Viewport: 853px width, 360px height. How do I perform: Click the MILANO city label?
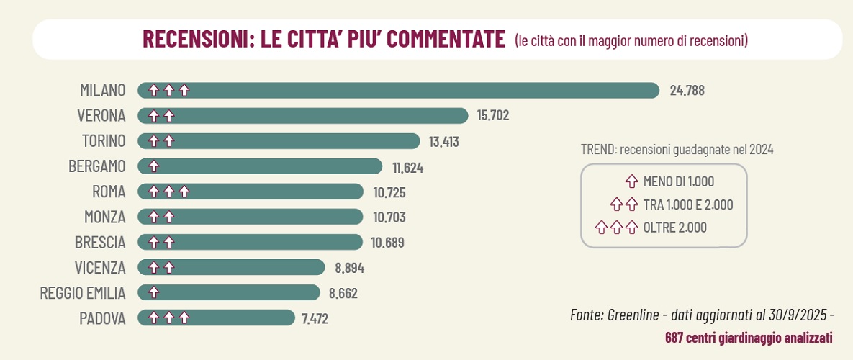(x=102, y=90)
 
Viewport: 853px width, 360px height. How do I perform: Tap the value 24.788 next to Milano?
(x=687, y=91)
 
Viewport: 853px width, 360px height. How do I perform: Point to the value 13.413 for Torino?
(x=443, y=141)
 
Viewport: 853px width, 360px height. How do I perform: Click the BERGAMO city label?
(x=96, y=166)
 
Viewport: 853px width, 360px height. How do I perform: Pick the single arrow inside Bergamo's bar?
(x=153, y=166)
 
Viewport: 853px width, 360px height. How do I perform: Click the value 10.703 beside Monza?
(x=388, y=217)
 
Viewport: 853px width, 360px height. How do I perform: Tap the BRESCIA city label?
(x=100, y=242)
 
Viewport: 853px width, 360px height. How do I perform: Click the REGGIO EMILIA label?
(x=83, y=292)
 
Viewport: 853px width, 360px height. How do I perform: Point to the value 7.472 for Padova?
(x=315, y=318)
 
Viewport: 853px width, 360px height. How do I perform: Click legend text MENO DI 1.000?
(x=678, y=182)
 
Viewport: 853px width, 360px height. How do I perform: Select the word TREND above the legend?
(x=597, y=150)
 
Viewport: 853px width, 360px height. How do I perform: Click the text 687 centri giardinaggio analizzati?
(x=749, y=337)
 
